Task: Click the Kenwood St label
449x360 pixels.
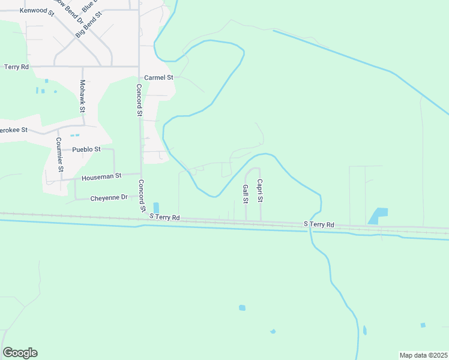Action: (37, 11)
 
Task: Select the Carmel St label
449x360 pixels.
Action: (159, 78)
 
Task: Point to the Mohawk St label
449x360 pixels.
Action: (82, 97)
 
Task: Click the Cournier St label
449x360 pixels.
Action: (59, 155)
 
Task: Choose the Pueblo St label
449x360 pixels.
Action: (86, 149)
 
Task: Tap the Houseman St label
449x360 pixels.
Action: (102, 176)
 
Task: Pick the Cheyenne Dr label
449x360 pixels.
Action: (109, 197)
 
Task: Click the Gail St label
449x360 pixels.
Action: (246, 194)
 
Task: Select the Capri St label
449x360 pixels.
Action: (261, 190)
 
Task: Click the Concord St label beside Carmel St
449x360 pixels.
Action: (139, 100)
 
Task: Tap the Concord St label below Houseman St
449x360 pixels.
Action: (142, 196)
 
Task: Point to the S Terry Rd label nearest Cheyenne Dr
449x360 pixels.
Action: (164, 217)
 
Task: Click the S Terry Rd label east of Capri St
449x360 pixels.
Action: (319, 224)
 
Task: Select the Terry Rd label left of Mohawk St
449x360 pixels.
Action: (16, 67)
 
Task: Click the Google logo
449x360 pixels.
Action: (20, 353)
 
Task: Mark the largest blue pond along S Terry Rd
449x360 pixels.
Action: (378, 216)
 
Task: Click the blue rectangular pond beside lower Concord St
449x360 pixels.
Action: (156, 207)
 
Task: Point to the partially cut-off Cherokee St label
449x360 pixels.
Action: (13, 130)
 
